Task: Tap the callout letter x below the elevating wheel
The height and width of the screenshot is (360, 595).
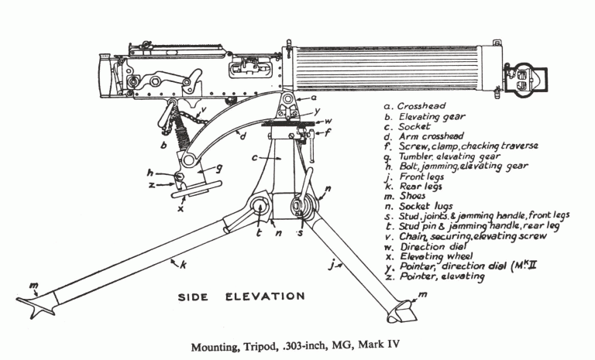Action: tap(180, 208)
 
